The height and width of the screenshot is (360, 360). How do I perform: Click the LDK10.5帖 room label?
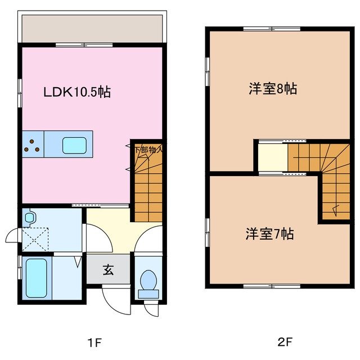click(x=77, y=92)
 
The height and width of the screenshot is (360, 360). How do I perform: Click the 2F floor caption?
click(x=284, y=341)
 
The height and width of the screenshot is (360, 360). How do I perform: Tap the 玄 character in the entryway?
click(x=108, y=269)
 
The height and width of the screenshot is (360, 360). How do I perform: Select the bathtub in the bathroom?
click(x=35, y=278)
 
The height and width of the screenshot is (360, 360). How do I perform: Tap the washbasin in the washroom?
click(x=30, y=217)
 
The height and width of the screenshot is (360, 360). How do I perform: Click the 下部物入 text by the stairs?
click(x=148, y=150)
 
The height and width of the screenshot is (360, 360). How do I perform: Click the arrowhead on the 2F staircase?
click(x=335, y=211)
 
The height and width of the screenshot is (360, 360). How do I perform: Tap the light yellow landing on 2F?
click(x=273, y=157)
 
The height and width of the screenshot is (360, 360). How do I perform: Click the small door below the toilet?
click(x=151, y=307)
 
